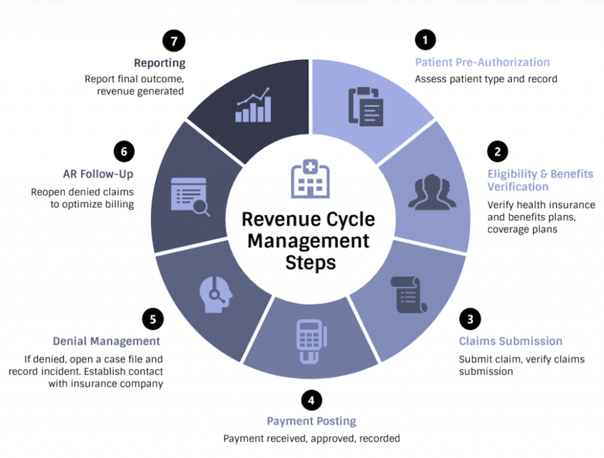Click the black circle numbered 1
[425, 40]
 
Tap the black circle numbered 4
[311, 400]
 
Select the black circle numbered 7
[174, 41]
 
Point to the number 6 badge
[124, 151]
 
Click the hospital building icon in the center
[310, 179]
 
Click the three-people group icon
[432, 192]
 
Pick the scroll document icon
[409, 294]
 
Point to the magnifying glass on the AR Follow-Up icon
[200, 207]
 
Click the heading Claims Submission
[511, 341]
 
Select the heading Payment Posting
[311, 421]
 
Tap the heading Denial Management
[106, 341]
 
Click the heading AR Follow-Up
[98, 174]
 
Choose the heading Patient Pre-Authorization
[482, 62]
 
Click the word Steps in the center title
[311, 263]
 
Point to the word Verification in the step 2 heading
[518, 187]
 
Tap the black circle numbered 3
[470, 319]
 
